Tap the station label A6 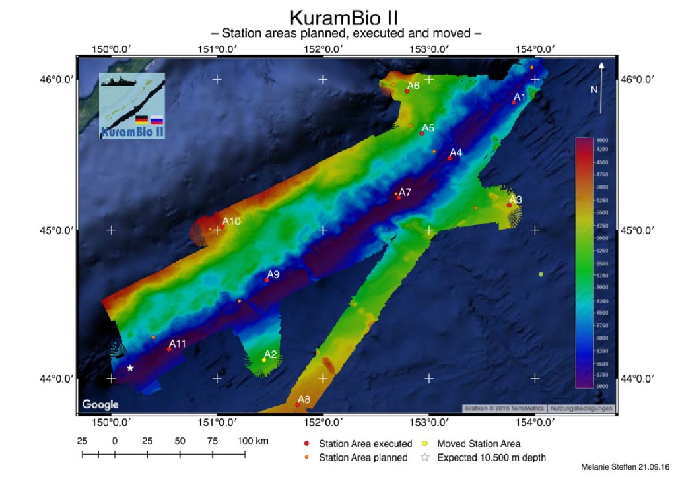point(413,86)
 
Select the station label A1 point(520,97)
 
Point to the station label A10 point(231,221)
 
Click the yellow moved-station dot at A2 point(264,360)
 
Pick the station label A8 point(304,399)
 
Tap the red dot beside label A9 point(267,280)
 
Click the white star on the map point(130,367)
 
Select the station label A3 point(516,199)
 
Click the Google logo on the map point(100,404)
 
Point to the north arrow point(601,86)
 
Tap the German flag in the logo point(141,120)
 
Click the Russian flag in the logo point(156,120)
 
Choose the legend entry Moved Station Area point(478,444)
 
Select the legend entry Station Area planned point(362,457)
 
